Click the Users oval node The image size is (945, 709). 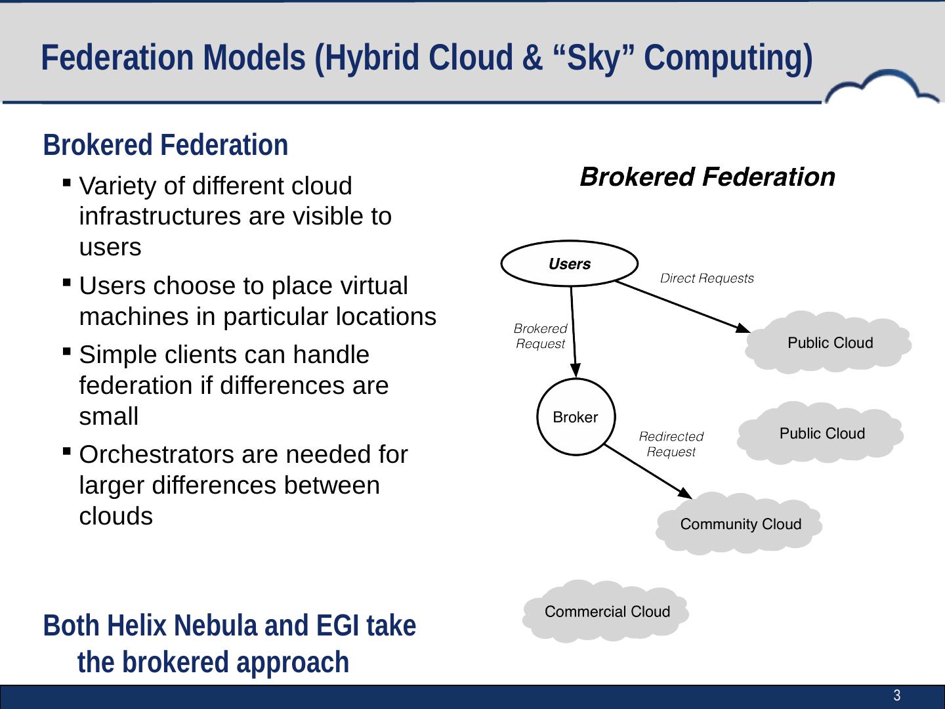coord(569,264)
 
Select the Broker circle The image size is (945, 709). coord(576,418)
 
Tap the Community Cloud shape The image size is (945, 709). coord(740,524)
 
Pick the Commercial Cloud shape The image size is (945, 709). coord(607,612)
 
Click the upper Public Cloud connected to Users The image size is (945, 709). coord(829,343)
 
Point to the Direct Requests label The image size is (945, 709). coord(707,278)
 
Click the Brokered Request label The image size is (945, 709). coord(540,335)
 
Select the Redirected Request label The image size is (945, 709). coord(671,444)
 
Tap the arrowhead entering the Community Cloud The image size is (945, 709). coord(686,494)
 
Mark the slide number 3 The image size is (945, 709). coord(896,696)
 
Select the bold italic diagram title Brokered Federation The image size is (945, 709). coord(707,177)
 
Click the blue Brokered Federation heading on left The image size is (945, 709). coord(165,145)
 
